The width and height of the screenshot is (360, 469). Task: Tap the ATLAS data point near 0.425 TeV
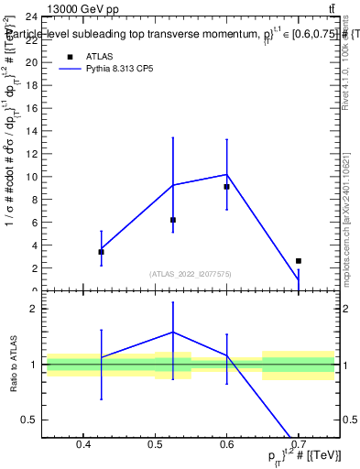(x=101, y=251)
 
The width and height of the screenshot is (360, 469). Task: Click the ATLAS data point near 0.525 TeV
(x=172, y=220)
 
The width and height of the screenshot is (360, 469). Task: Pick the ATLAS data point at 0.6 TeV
(x=226, y=187)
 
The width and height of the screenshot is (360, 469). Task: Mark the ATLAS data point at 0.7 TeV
(x=298, y=261)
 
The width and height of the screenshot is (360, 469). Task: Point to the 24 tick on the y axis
(x=31, y=16)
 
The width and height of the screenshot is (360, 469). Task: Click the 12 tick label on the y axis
(x=31, y=154)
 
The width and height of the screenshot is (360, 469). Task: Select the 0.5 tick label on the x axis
(x=155, y=445)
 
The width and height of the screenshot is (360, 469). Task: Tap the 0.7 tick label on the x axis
(x=298, y=445)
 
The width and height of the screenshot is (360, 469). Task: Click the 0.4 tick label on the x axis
(x=83, y=445)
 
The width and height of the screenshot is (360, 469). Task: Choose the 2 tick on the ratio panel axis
(x=33, y=310)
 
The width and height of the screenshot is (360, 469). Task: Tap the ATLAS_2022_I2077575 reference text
(x=190, y=274)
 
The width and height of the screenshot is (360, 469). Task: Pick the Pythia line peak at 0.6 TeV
(x=226, y=174)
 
